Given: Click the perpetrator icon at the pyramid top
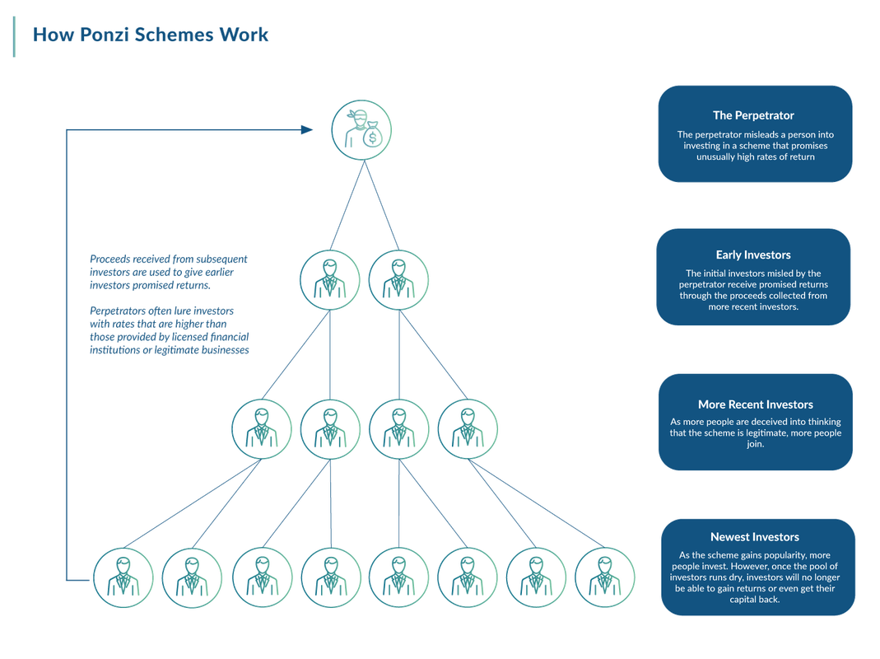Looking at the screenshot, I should coord(361,130).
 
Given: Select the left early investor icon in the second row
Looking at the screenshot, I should coord(329,278).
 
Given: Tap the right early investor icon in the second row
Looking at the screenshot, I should coord(398,278).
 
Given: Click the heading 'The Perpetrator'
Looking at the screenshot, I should coord(753,115).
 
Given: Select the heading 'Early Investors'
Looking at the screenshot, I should coord(753,255).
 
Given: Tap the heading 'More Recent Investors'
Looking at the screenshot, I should coord(755,404).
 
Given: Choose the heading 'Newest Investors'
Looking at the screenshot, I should coord(755,537).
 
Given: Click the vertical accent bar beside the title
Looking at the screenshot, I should coord(14,36).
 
